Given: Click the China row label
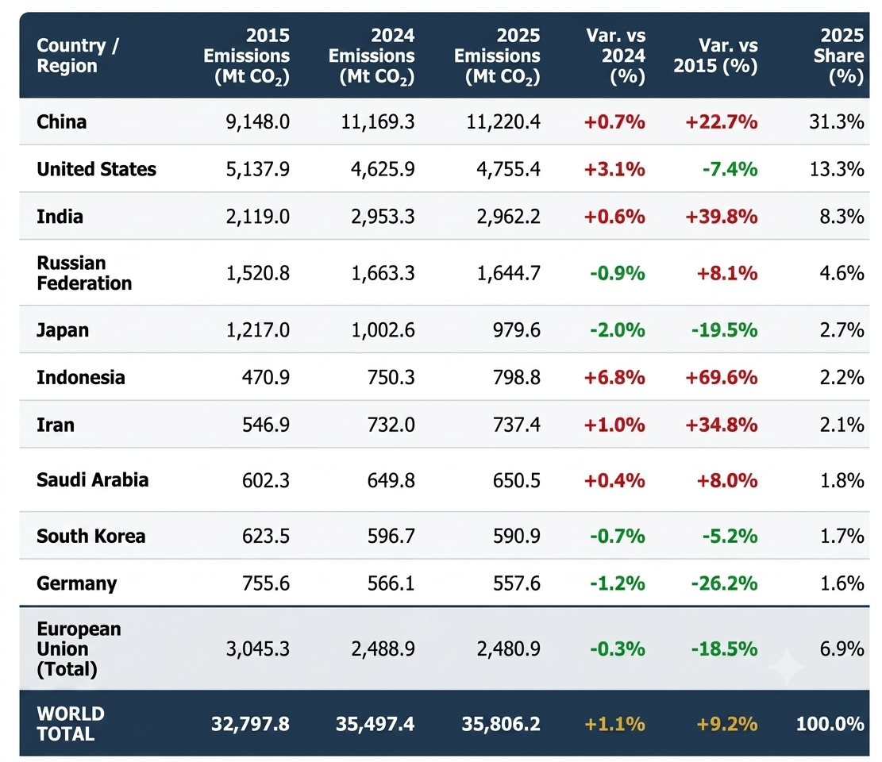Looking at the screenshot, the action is coord(61,121).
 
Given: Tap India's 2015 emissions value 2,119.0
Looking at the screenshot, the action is coord(258,217).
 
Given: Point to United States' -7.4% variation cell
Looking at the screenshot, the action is coord(730,169).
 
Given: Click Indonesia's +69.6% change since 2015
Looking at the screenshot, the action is coord(721,377).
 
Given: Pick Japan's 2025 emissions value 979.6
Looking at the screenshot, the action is coord(516,330).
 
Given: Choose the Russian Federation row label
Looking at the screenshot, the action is coord(84,273).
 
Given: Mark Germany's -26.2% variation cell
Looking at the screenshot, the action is coord(724,583).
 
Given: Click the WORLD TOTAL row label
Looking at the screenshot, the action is coord(71,724).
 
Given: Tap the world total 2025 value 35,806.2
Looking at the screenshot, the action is coord(501,724).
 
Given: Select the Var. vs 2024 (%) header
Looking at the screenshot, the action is coord(615,56).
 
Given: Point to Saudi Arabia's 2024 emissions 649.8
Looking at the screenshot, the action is coord(391,480).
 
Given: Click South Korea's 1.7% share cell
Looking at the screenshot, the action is coord(842,536).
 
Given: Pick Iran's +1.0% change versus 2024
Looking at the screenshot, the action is coord(614,425).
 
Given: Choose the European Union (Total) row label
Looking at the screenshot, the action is coord(79,648).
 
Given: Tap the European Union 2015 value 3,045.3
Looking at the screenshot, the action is coord(258,649).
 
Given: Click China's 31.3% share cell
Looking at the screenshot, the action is coord(837,121).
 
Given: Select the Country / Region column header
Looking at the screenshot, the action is coord(78,56).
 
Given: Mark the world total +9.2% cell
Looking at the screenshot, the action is coord(726,724).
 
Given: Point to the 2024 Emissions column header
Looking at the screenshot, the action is coord(372,56).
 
